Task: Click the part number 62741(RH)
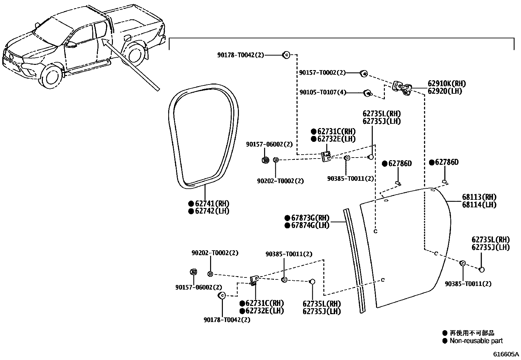tap(212, 203)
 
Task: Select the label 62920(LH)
tap(444, 91)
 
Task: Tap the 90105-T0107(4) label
tap(322, 93)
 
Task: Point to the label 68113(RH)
tap(479, 197)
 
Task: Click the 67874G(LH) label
tap(310, 225)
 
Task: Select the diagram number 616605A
tap(506, 354)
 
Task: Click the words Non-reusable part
tap(476, 341)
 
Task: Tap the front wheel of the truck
tap(52, 78)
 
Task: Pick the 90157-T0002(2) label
tap(322, 73)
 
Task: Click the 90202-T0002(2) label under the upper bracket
tap(280, 181)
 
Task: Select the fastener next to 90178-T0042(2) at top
tap(286, 55)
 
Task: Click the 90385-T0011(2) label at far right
tap(468, 284)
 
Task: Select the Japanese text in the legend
tap(472, 333)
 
